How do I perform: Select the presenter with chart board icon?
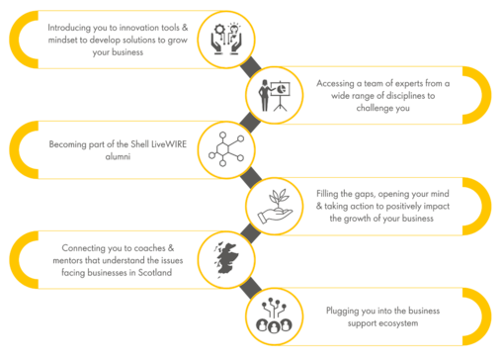(273, 94)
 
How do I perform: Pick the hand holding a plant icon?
(273, 203)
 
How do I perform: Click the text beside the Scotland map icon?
(116, 258)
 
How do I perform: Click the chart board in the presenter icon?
(280, 88)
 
